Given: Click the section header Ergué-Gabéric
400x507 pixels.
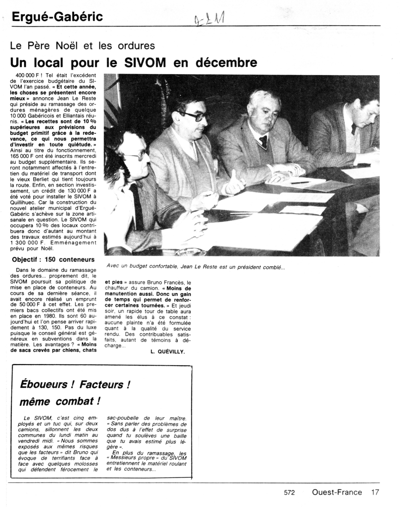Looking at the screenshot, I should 57,17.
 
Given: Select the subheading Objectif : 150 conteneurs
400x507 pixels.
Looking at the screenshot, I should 53,260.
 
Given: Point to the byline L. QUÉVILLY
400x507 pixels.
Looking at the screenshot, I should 168,352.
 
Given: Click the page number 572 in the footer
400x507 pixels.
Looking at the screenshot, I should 289,493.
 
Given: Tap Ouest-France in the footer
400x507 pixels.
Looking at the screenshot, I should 337,492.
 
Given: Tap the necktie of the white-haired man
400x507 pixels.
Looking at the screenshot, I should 263,140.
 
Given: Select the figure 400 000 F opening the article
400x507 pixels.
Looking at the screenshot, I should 27,75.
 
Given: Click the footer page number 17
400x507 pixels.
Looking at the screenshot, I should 375,492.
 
